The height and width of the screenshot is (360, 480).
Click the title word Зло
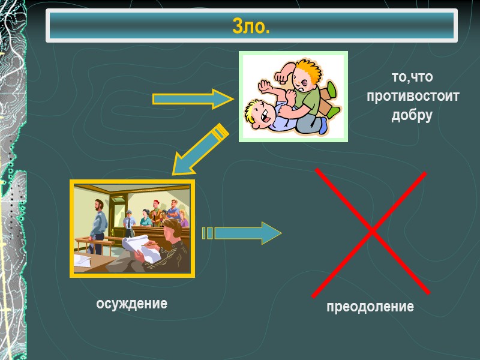pyautogui.click(x=251, y=26)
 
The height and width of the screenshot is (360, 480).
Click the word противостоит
pyautogui.click(x=412, y=96)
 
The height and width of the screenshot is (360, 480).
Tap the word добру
pyautogui.click(x=412, y=115)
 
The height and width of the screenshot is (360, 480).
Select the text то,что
pyautogui.click(x=412, y=77)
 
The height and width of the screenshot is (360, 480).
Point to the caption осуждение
pyautogui.click(x=132, y=304)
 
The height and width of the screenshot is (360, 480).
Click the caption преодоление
pyautogui.click(x=370, y=307)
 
